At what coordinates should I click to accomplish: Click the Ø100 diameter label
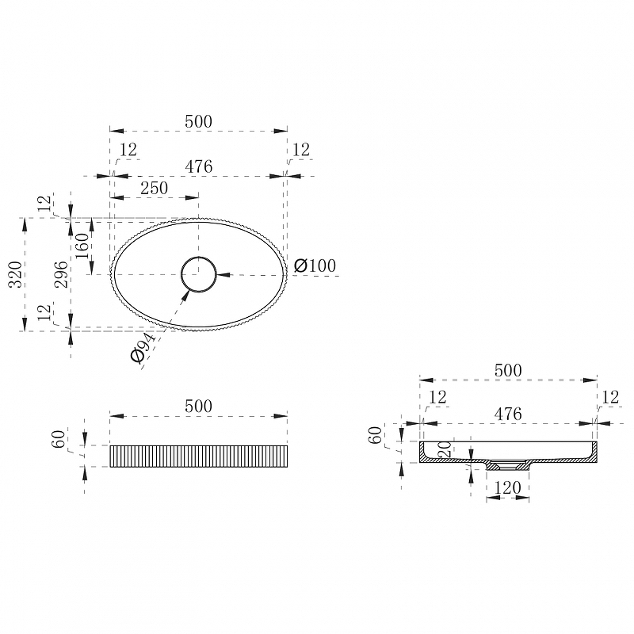[315, 265]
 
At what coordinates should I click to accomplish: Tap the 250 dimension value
[154, 188]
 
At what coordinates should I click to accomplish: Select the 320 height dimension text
[15, 274]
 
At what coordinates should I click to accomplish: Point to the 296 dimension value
[61, 274]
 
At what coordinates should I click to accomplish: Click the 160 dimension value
[82, 246]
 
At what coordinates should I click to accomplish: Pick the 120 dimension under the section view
[507, 488]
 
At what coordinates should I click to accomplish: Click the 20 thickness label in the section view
[445, 449]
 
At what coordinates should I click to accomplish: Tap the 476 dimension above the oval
[199, 166]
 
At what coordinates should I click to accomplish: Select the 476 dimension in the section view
[508, 414]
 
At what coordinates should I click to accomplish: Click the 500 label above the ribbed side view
[198, 407]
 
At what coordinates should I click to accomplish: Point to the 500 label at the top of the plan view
[198, 122]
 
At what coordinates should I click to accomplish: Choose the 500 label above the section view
[508, 370]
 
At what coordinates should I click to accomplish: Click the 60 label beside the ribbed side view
[58, 439]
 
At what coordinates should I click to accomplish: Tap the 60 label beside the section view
[376, 435]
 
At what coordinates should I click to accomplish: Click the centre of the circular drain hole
[199, 274]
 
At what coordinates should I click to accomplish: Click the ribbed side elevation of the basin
[199, 456]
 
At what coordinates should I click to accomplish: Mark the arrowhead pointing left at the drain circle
[223, 275]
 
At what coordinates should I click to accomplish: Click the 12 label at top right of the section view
[610, 397]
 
